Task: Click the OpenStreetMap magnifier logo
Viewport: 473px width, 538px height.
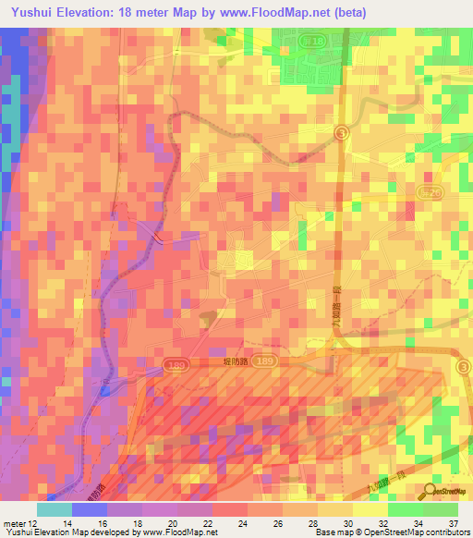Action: point(431,492)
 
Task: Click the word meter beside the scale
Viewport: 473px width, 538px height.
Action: point(13,523)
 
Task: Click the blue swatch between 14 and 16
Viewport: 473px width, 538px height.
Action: point(90,509)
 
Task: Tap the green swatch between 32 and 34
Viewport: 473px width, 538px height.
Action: point(406,509)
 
